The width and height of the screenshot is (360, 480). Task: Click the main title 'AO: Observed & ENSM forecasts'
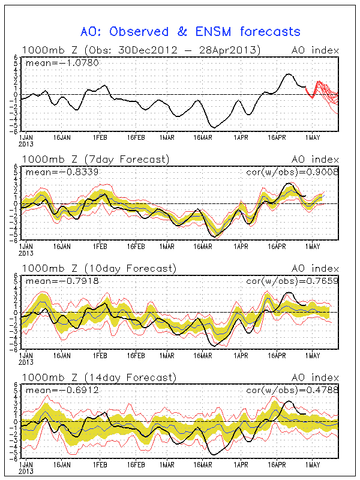[191, 31]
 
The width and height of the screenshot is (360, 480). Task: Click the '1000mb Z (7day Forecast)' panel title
[96, 159]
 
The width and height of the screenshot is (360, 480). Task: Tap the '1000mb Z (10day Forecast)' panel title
[99, 268]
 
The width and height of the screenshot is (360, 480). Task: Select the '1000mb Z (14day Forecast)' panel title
[99, 377]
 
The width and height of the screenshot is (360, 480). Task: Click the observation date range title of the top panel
[141, 50]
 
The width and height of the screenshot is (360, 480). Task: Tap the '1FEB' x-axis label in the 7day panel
[100, 246]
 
